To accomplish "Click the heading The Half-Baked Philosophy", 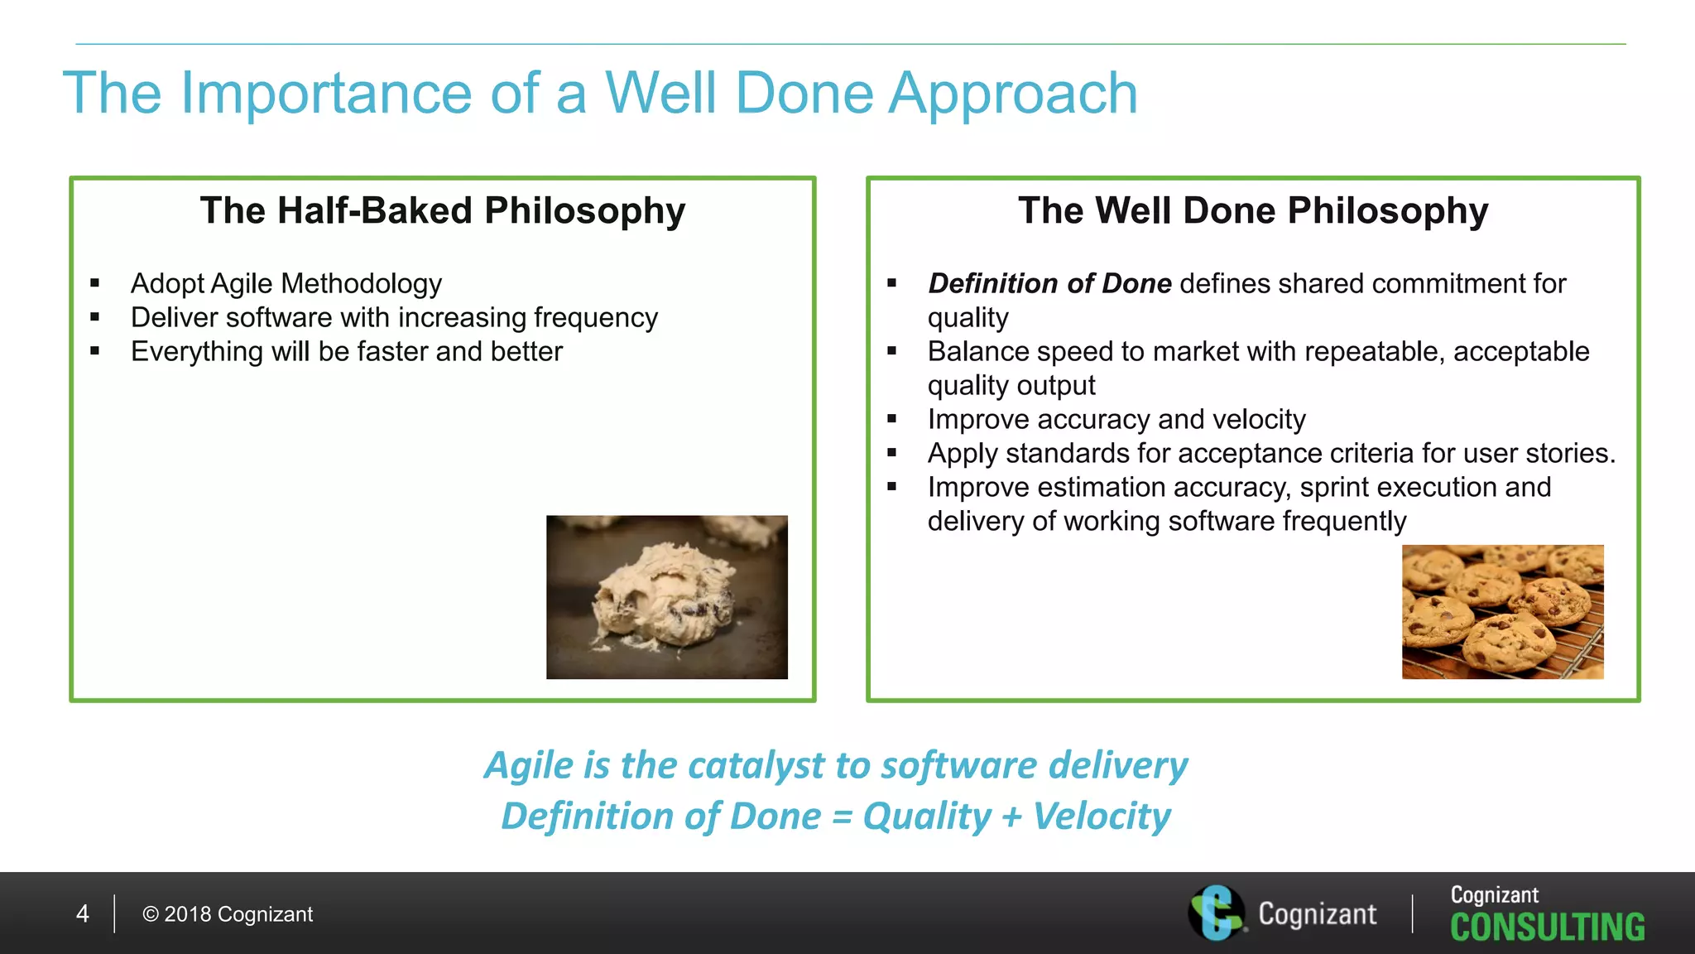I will (443, 210).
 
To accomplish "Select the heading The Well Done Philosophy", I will (1253, 210).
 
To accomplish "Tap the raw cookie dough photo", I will (666, 597).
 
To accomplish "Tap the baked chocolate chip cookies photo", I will (1502, 612).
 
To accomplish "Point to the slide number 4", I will (83, 914).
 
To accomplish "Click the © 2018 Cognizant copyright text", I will (228, 914).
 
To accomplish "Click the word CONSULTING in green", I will (1547, 927).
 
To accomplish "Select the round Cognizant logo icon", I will (1215, 913).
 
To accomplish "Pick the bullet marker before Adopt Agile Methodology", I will (95, 284).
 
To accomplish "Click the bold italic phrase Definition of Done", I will (1049, 284).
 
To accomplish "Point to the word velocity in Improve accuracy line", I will (1258, 420).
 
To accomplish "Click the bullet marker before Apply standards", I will (892, 454).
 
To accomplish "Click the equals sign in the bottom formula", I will (842, 817).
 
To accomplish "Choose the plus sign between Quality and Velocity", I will (1011, 817).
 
